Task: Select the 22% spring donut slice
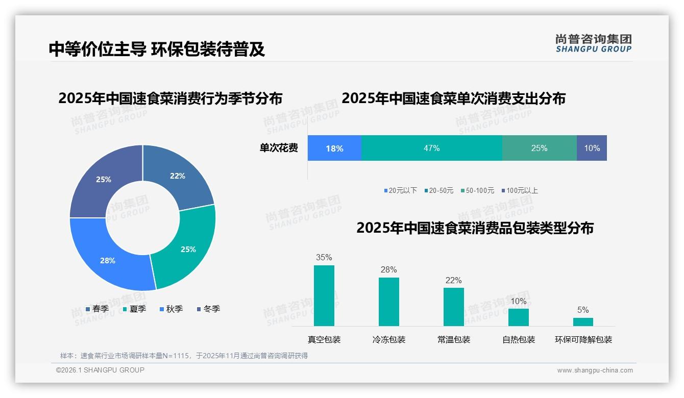[179, 176]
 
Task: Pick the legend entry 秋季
[172, 309]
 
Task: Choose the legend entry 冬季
[208, 309]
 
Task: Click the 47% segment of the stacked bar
[431, 148]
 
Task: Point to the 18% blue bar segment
[334, 148]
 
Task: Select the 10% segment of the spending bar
[592, 148]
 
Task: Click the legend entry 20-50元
[438, 190]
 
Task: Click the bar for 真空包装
[324, 295]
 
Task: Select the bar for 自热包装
[519, 317]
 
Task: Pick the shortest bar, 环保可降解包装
[583, 321]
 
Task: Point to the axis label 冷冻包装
[389, 339]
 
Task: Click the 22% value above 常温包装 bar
[453, 280]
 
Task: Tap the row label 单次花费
[279, 148]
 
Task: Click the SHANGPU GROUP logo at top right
[593, 43]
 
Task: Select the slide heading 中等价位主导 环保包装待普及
[157, 49]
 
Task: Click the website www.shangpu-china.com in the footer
[595, 370]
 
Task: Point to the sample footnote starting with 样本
[184, 356]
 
